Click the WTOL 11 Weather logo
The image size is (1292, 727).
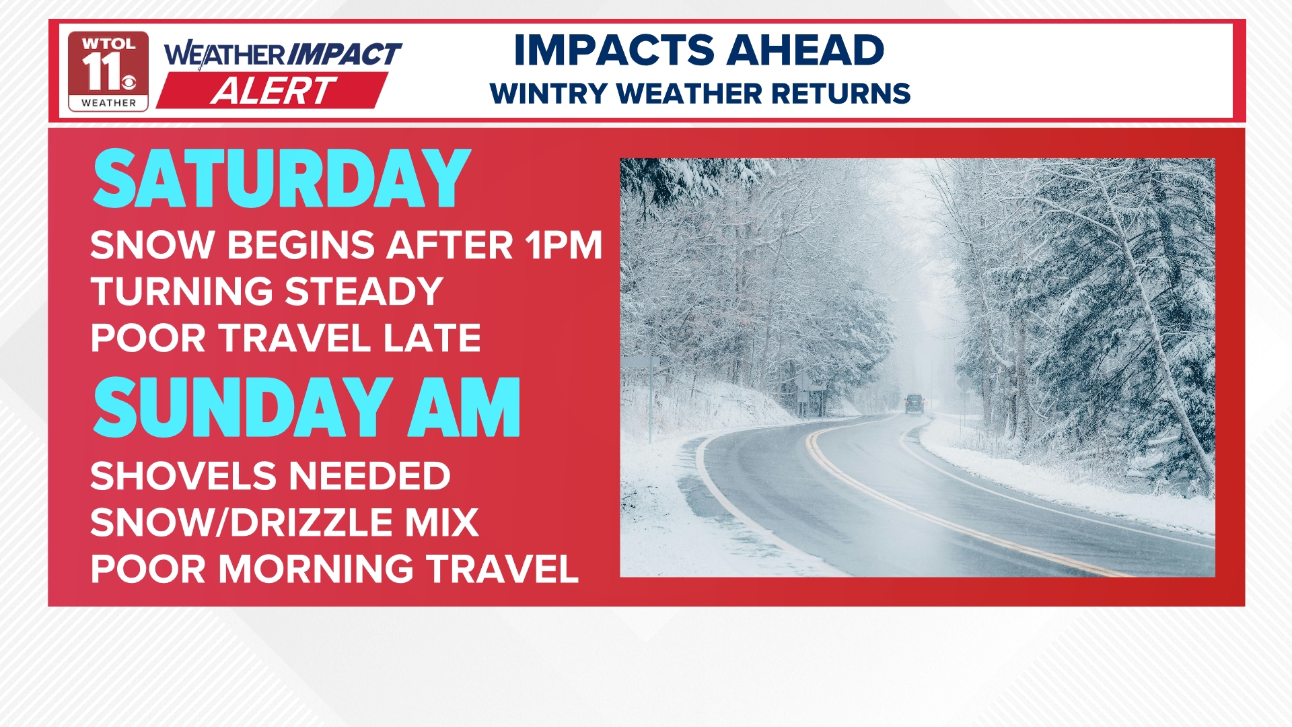[x=108, y=71]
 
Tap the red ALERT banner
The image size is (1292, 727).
[x=273, y=90]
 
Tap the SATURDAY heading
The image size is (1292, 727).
[x=281, y=179]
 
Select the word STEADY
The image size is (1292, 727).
[x=363, y=291]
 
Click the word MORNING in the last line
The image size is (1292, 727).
[x=316, y=569]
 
